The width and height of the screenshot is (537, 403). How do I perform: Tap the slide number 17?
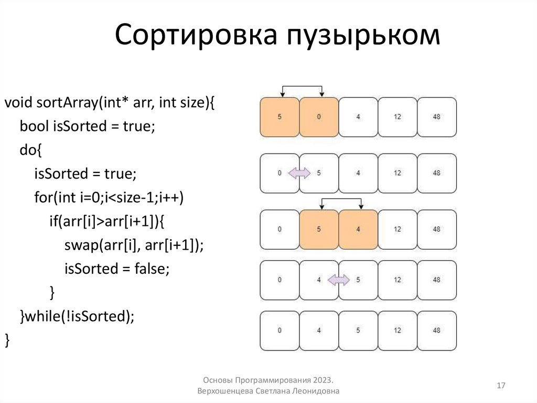click(501, 386)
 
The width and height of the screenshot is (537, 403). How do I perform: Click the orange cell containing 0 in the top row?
click(319, 117)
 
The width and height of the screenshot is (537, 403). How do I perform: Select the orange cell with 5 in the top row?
click(280, 117)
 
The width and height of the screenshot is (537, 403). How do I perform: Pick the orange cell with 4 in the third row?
click(358, 229)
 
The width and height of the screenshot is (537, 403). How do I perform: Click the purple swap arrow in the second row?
click(299, 173)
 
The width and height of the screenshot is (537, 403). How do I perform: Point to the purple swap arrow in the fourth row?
click(339, 281)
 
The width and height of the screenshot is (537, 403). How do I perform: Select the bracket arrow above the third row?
click(341, 199)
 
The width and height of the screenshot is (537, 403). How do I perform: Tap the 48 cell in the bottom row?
click(437, 330)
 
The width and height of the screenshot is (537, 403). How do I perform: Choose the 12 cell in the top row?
click(398, 117)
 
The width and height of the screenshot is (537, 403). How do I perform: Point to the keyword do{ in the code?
click(30, 150)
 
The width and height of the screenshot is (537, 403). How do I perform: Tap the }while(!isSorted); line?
click(77, 316)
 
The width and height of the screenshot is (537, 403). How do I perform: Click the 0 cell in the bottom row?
click(280, 330)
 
